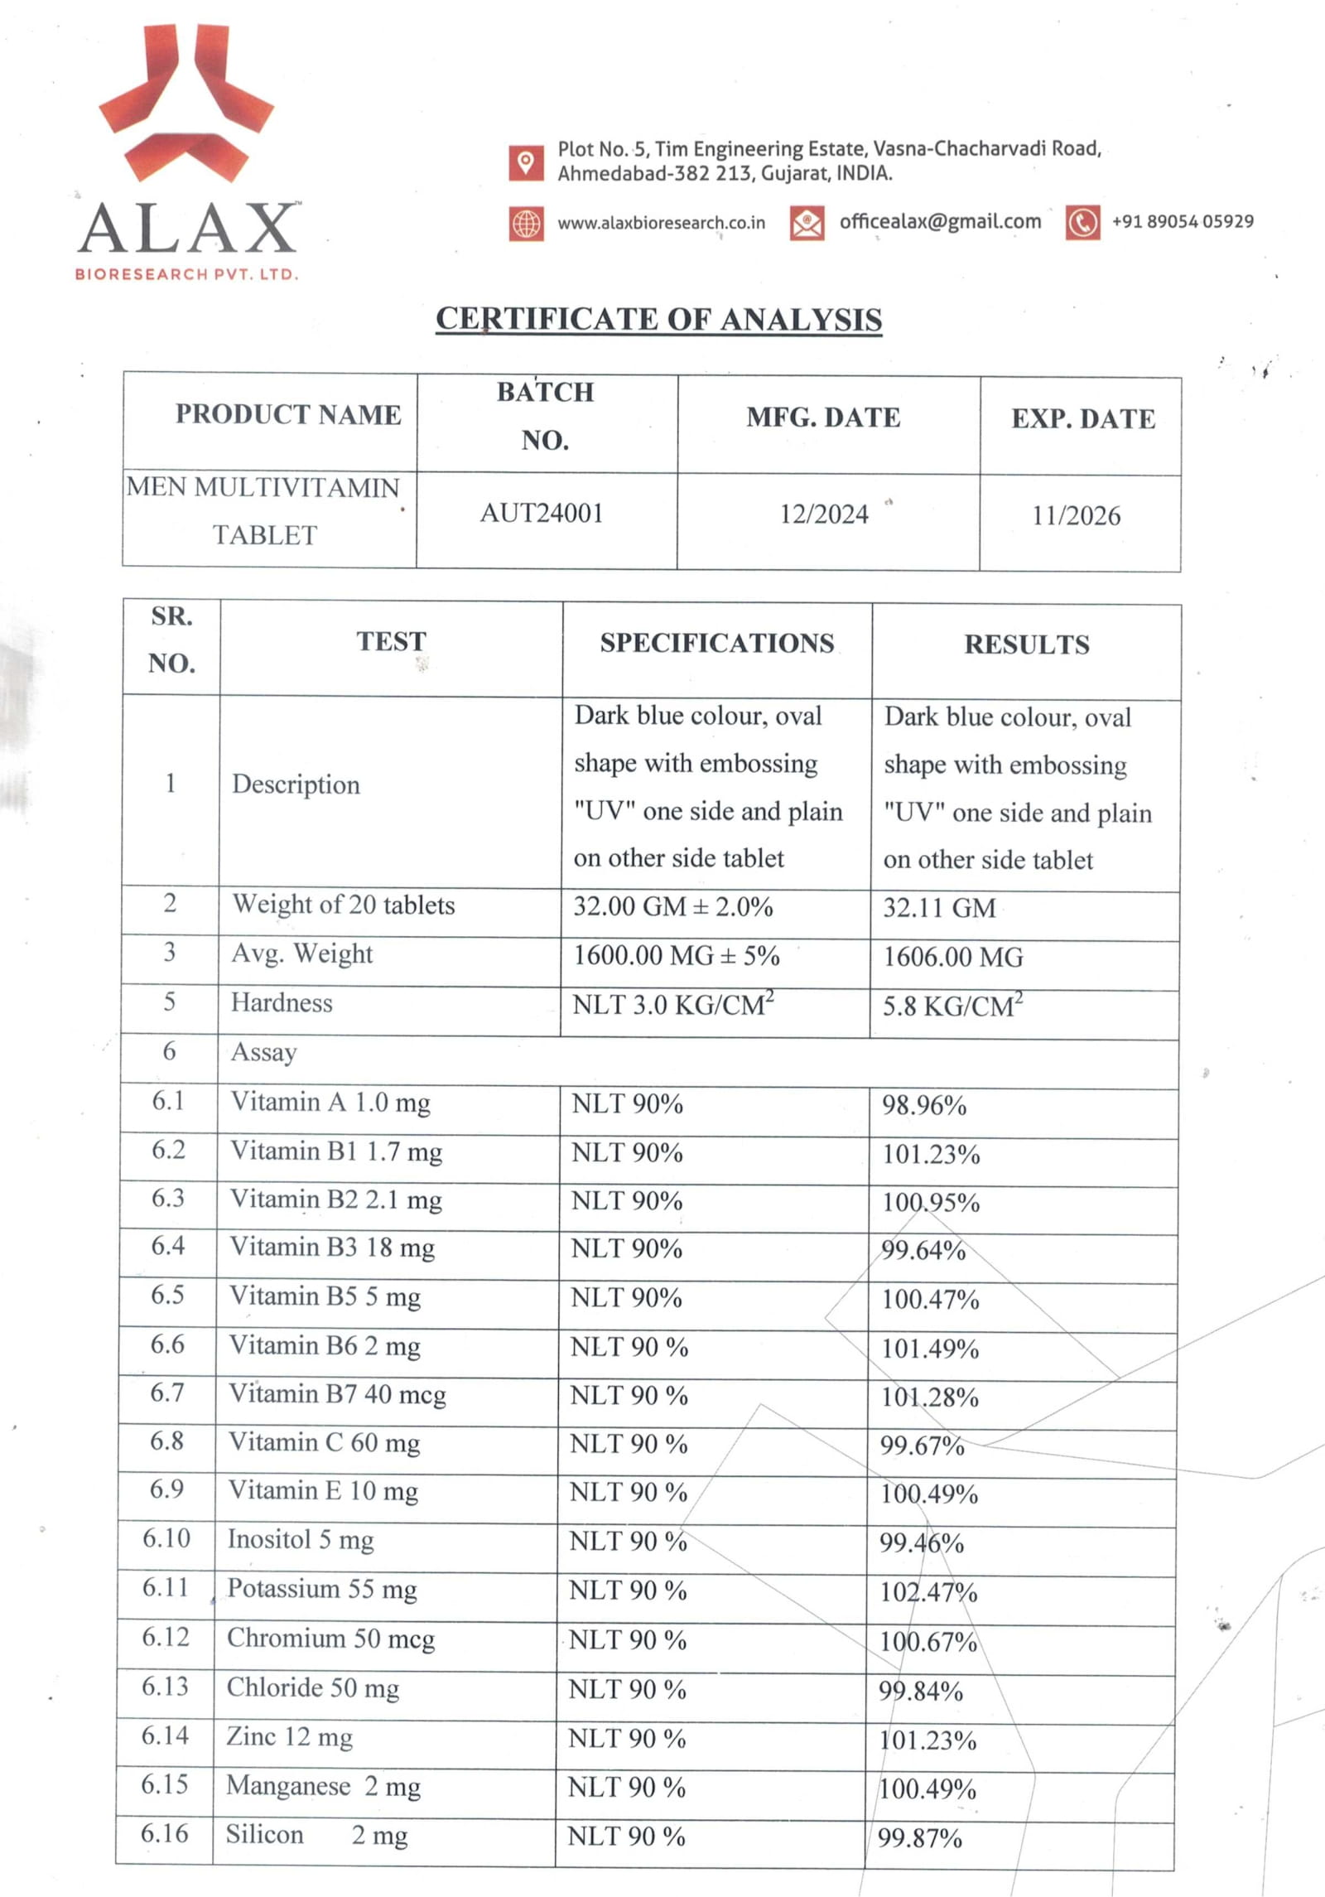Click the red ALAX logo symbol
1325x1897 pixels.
coord(186,104)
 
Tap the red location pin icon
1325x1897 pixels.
coord(526,162)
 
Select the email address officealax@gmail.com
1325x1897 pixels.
coord(940,222)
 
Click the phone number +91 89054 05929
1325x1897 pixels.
coord(1183,222)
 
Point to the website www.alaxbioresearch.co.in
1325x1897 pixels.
coord(661,223)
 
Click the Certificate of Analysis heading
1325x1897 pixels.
coord(659,320)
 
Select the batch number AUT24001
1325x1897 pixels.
coord(542,514)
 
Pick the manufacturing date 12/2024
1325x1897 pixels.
coord(824,514)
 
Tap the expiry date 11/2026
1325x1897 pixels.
coord(1076,516)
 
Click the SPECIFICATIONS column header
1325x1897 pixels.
coord(717,644)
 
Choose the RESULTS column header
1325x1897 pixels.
coord(1027,645)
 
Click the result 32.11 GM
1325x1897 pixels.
coord(939,908)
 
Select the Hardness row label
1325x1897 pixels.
coord(282,1003)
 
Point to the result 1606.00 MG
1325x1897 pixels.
coord(953,958)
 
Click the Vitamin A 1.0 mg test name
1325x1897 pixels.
coord(330,1103)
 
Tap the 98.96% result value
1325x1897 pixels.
coord(924,1106)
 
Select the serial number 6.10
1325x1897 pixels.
coord(166,1538)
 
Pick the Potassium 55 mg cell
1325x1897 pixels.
coord(322,1589)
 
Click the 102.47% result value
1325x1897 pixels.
coord(928,1592)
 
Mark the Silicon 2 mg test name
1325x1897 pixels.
coord(316,1835)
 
